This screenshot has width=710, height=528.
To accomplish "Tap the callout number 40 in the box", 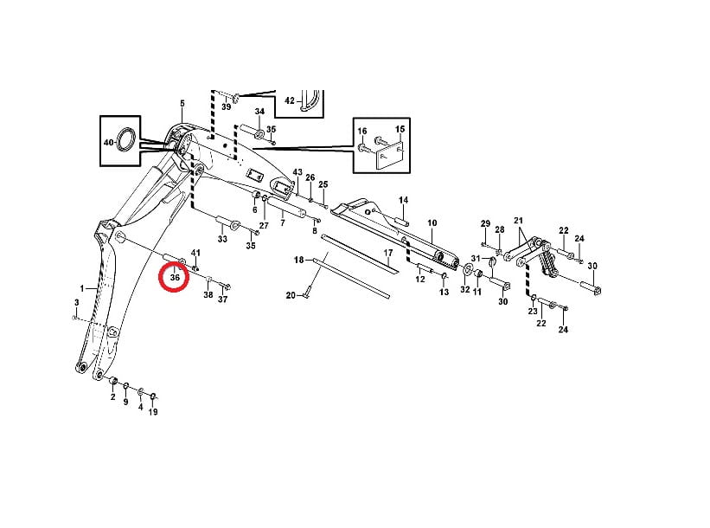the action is pos(109,142).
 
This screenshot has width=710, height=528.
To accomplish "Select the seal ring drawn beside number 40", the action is pos(126,140).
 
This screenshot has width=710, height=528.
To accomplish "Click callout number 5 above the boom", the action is pos(182,103).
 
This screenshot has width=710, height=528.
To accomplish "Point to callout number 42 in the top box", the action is pos(290,100).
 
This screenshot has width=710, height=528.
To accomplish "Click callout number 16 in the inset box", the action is pos(362,131).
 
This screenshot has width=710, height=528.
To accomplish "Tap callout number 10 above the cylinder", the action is pos(432,222).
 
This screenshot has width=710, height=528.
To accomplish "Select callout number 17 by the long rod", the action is pos(388,253).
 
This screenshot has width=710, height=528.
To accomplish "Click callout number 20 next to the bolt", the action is pos(291,295).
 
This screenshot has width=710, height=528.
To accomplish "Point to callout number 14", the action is pos(404,200).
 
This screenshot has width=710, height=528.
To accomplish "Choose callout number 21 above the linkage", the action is pos(519,220).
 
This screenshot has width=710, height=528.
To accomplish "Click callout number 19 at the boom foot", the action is pos(153,411).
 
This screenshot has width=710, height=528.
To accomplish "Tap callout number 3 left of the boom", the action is pos(76,302).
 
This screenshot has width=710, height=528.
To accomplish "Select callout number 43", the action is pos(297,172).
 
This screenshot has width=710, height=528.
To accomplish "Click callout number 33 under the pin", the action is pos(222,239).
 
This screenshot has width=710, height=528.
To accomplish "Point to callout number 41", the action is pos(195,253).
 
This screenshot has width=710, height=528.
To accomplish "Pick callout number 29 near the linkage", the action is pos(485,223).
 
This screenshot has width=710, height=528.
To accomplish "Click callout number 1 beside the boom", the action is pos(82,288).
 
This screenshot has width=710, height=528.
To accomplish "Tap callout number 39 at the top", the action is pos(226,106).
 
